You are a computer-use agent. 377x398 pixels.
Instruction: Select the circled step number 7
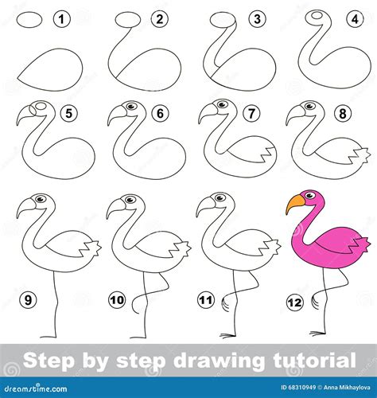[253, 113]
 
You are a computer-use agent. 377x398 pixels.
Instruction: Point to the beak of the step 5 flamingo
[23, 117]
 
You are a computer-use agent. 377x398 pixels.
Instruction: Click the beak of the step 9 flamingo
[25, 209]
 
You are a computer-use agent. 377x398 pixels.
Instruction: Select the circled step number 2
[160, 18]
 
